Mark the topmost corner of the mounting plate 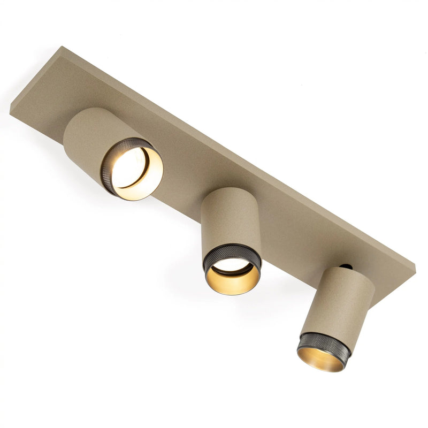point(63,47)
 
